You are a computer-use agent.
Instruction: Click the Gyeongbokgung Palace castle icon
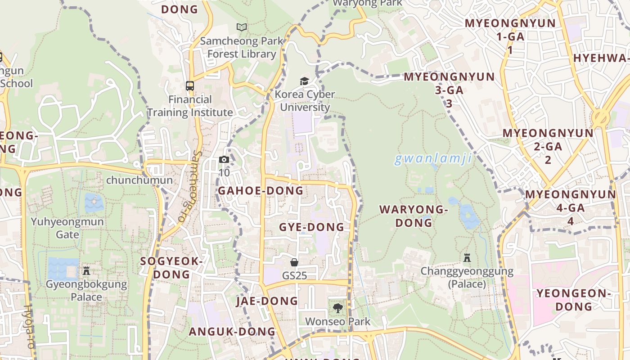tap(86, 270)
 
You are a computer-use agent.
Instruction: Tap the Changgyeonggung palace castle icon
tap(467, 258)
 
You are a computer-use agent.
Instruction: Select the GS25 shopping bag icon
tap(294, 262)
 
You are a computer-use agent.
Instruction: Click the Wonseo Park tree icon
tap(337, 308)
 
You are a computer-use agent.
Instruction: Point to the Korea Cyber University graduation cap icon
tap(305, 81)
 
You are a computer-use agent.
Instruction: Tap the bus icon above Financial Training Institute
tap(190, 85)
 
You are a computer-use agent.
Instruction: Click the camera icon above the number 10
tap(224, 159)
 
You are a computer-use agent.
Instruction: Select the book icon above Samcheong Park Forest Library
tap(242, 27)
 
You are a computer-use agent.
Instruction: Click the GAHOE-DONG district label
tap(261, 191)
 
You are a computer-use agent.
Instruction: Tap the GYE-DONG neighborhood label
tap(311, 227)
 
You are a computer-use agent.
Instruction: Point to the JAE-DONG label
tap(267, 301)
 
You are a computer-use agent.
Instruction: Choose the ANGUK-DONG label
tap(232, 332)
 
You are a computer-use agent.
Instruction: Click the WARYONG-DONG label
tap(414, 216)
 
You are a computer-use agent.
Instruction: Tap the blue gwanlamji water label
tap(433, 158)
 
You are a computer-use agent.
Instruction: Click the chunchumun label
tap(139, 180)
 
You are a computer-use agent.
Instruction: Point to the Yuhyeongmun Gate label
tap(67, 228)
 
